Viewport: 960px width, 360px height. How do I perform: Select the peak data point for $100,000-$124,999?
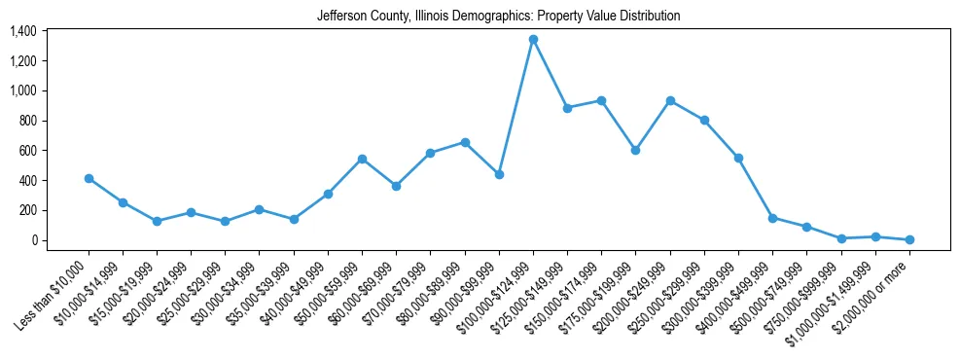tap(533, 40)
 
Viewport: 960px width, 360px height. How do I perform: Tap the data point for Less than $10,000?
tap(89, 179)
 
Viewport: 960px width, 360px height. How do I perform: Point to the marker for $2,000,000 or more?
tap(909, 239)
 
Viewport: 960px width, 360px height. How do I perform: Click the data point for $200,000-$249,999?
tap(670, 101)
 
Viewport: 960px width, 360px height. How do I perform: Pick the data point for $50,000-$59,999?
tap(362, 159)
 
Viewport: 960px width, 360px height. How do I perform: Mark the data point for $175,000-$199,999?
tap(635, 150)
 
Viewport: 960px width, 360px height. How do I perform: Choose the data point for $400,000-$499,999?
tap(772, 218)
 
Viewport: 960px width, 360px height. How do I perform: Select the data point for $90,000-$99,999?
tap(499, 175)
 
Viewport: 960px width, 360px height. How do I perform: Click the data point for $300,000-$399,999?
tap(738, 158)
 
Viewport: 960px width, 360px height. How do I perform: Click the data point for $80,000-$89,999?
tap(465, 143)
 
